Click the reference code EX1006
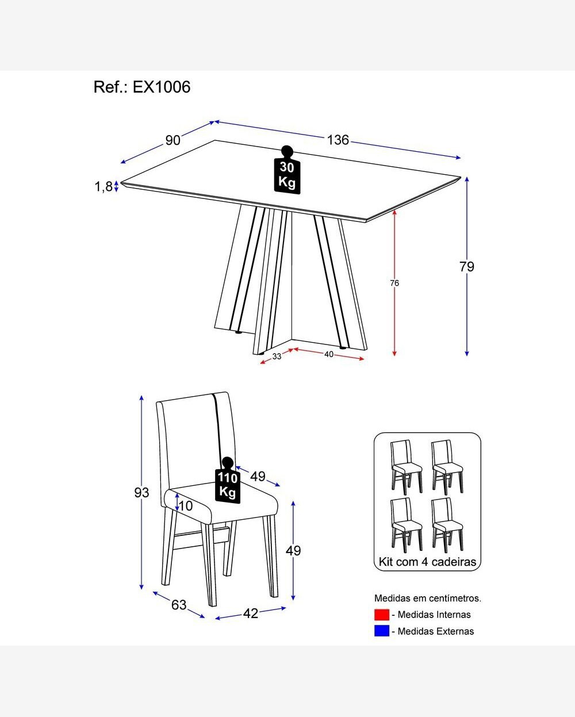[x=162, y=87]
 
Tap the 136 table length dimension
[x=338, y=140]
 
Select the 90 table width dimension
[x=173, y=140]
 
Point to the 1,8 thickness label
[x=103, y=186]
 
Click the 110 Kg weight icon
[x=228, y=482]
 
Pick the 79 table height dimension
[x=467, y=267]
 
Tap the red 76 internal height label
[x=394, y=283]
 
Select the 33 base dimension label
[x=277, y=356]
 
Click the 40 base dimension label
[x=328, y=354]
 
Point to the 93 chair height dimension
[x=141, y=493]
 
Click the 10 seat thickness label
[x=186, y=506]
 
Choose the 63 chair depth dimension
[x=179, y=605]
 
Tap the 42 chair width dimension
[x=251, y=614]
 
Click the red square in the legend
[x=381, y=615]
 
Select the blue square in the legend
[x=381, y=631]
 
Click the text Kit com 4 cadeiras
[x=427, y=562]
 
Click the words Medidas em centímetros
[x=428, y=598]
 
